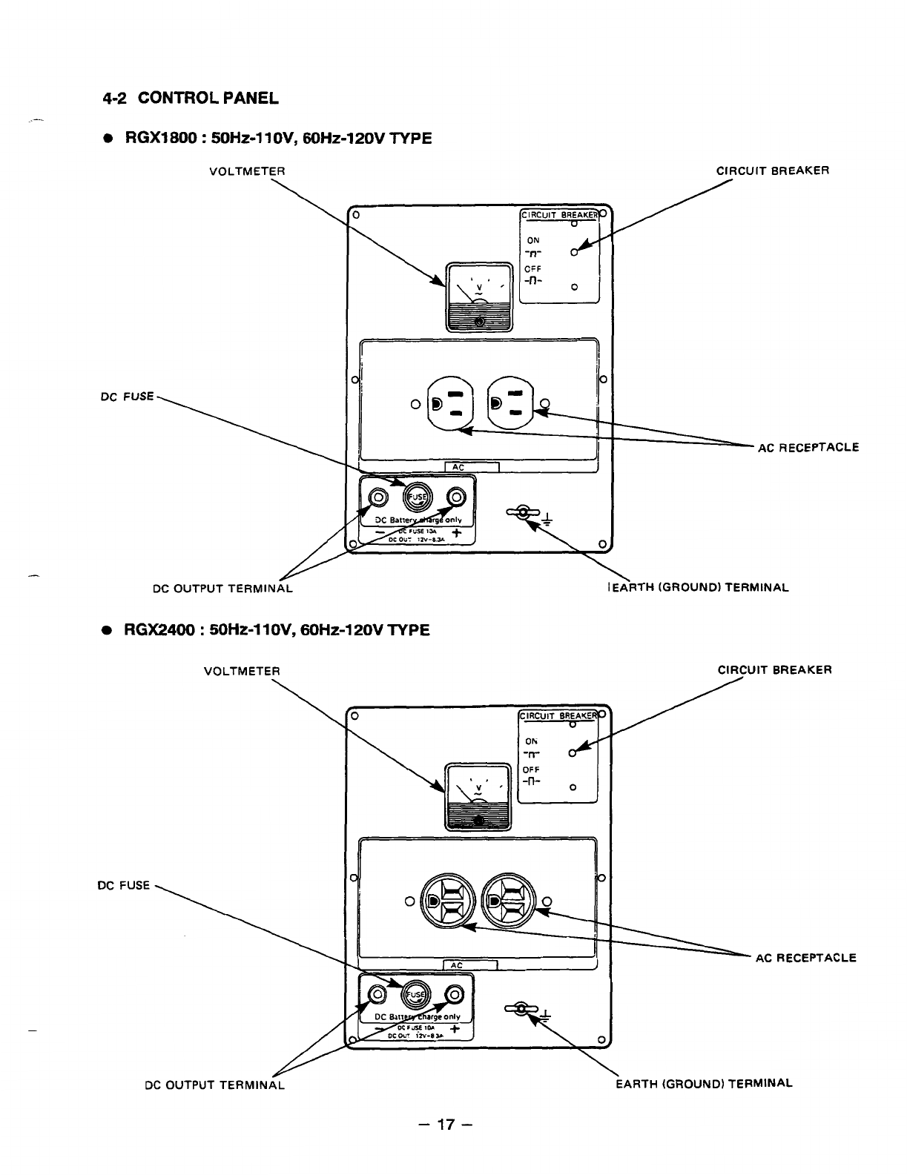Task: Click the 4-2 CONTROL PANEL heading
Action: pyautogui.click(x=190, y=97)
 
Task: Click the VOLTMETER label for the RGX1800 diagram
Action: pyautogui.click(x=237, y=171)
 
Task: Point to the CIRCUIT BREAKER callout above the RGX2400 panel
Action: pyautogui.click(x=774, y=670)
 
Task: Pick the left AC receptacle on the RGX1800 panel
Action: pyautogui.click(x=449, y=403)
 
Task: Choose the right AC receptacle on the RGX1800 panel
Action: pyautogui.click(x=510, y=403)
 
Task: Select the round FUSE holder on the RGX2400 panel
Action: pyautogui.click(x=415, y=994)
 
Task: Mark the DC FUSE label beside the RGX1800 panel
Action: pyautogui.click(x=127, y=397)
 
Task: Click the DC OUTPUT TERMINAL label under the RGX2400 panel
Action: pyautogui.click(x=214, y=1085)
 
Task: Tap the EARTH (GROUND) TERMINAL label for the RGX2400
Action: pyautogui.click(x=704, y=1082)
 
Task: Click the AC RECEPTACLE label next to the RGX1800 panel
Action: pyautogui.click(x=808, y=447)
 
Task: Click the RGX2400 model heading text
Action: pyautogui.click(x=276, y=630)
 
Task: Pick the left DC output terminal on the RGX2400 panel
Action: pyautogui.click(x=377, y=994)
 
